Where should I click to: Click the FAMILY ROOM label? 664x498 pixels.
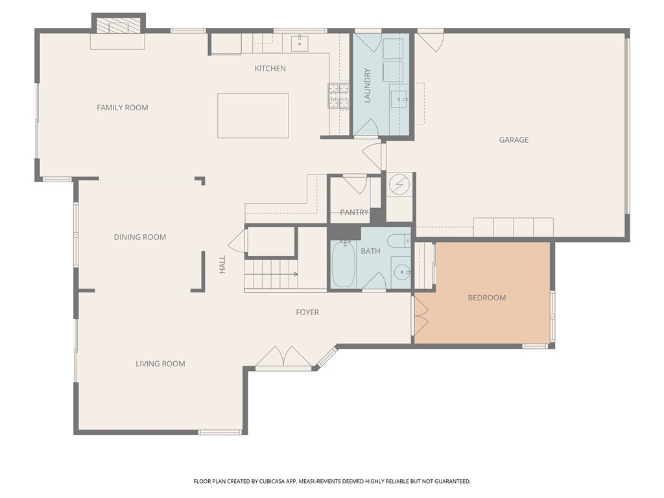[123, 108]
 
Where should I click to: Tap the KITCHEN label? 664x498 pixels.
[270, 69]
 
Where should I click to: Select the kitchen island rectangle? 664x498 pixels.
[254, 115]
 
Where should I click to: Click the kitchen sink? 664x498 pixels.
[300, 43]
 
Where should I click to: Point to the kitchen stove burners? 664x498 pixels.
[338, 95]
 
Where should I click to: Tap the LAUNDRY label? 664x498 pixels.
[367, 86]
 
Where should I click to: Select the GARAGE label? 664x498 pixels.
[514, 140]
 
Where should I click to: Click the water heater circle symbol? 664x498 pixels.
[399, 185]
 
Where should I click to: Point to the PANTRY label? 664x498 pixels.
[355, 212]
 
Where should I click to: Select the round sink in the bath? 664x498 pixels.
[401, 272]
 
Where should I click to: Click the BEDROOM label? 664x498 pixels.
[487, 298]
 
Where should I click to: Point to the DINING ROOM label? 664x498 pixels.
[140, 237]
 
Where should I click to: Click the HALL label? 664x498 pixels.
[222, 265]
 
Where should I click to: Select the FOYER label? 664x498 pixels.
[307, 313]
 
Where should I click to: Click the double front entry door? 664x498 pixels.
[284, 357]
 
